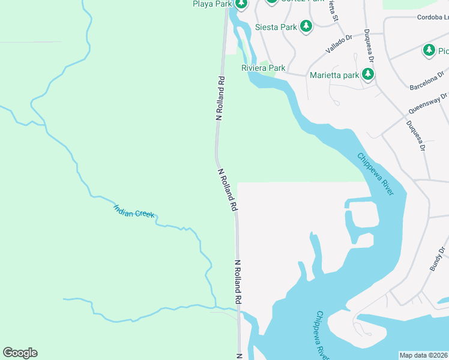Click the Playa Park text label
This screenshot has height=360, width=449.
[x=211, y=4]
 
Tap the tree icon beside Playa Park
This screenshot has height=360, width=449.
[x=241, y=4]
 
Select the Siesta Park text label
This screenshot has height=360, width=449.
[x=276, y=27]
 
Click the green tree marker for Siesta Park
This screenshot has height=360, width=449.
[x=306, y=26]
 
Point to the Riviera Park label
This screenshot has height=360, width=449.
[x=263, y=68]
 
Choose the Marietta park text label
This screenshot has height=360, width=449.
[x=334, y=75]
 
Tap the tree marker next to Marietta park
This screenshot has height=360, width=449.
[x=368, y=74]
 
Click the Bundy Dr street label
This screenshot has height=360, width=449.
[x=438, y=259]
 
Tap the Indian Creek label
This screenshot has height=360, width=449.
[x=134, y=211]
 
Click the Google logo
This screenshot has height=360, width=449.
[x=20, y=353]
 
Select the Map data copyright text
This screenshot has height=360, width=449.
[x=424, y=355]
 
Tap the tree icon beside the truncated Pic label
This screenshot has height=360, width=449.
[x=429, y=50]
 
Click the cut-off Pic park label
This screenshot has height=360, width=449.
[x=443, y=50]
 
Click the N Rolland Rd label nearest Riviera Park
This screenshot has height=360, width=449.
[x=220, y=98]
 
